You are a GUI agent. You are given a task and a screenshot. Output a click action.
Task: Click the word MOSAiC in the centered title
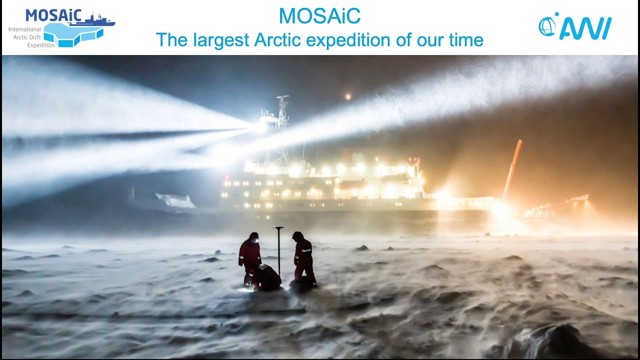point(319,16)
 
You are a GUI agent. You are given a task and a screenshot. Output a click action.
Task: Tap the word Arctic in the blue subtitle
point(278,39)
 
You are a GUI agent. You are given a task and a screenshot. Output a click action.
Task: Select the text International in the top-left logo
point(24,29)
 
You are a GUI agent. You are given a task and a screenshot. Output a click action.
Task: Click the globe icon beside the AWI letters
point(547,26)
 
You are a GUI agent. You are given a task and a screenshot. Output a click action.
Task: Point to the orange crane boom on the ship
point(512,167)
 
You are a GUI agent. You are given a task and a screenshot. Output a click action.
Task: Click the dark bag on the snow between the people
point(268,277)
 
